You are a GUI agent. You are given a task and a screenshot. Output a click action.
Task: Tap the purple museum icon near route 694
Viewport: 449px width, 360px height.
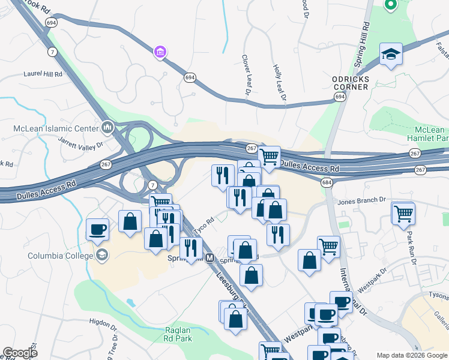pyautogui.click(x=160, y=53)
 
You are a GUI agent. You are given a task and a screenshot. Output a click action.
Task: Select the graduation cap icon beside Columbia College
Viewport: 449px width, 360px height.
pyautogui.click(x=103, y=256)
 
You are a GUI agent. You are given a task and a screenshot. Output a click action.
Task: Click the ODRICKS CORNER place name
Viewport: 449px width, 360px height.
pyautogui.click(x=349, y=83)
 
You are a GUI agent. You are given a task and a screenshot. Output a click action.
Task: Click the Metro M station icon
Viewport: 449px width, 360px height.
pyautogui.click(x=209, y=258)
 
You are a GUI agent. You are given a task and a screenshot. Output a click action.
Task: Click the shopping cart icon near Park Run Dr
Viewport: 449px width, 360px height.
pyautogui.click(x=403, y=212)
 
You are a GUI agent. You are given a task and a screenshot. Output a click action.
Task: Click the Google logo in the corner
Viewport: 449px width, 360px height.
pyautogui.click(x=20, y=353)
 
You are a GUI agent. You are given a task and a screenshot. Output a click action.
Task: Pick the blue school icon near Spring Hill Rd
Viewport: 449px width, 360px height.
pyautogui.click(x=391, y=54)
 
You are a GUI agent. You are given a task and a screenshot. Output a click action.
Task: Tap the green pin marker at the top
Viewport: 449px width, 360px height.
pyautogui.click(x=391, y=5)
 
